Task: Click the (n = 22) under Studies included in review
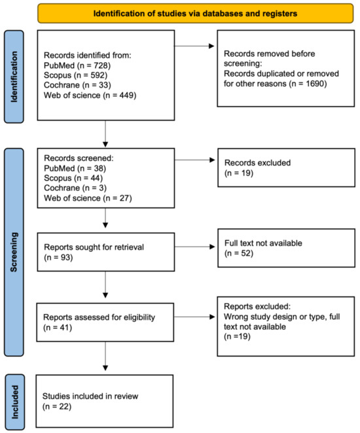(54, 407)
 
